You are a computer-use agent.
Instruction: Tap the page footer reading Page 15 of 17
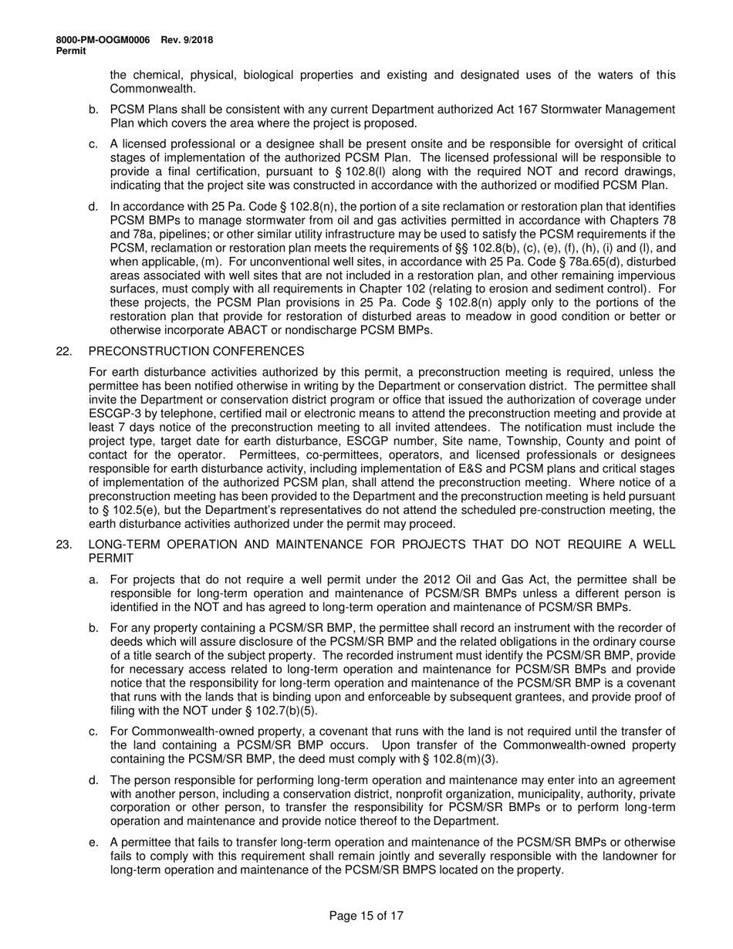tap(366, 916)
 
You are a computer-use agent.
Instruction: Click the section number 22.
tap(63, 351)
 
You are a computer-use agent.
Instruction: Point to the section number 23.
tap(63, 544)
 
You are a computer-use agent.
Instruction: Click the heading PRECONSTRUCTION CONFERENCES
tap(196, 351)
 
